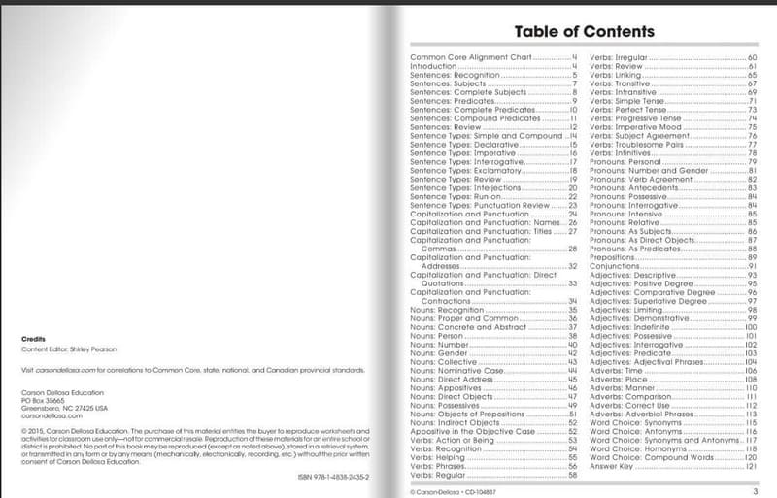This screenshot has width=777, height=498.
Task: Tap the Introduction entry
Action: tap(434, 66)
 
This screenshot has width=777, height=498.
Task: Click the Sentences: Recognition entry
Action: tap(456, 75)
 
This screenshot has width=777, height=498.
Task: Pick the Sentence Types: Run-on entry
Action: tap(456, 197)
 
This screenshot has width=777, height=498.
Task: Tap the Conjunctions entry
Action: tap(613, 266)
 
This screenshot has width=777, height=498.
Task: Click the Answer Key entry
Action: tap(610, 466)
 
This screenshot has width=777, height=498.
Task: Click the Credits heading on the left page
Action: tap(33, 338)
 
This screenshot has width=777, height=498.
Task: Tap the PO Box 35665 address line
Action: tap(43, 400)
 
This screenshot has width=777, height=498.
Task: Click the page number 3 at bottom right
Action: tap(755, 491)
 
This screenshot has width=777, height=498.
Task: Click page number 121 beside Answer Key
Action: tap(751, 466)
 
